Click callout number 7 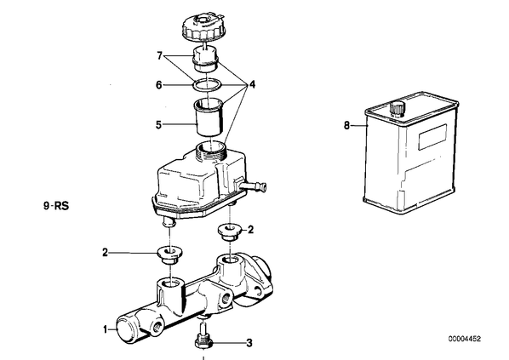[159, 56]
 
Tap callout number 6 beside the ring [158, 85]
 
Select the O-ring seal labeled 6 [207, 85]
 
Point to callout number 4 [252, 85]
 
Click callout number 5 [158, 124]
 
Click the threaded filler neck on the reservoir [211, 149]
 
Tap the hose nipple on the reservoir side [254, 186]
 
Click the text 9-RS [56, 206]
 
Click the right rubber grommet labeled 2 [229, 232]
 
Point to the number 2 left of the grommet [105, 253]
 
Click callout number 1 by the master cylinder [106, 330]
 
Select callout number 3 [249, 343]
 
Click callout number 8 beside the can [347, 125]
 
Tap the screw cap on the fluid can [397, 108]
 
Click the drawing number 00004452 [465, 339]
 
